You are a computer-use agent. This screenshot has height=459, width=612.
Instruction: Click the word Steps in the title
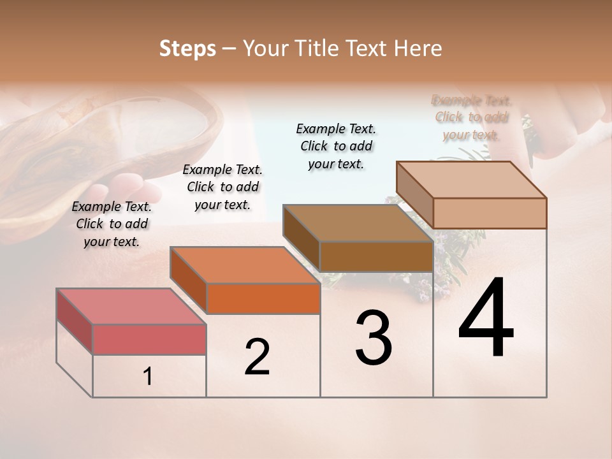pyautogui.click(x=187, y=48)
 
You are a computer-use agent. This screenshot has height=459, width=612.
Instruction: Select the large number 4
pyautogui.click(x=486, y=319)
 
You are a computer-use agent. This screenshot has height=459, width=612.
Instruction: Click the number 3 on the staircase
pyautogui.click(x=374, y=338)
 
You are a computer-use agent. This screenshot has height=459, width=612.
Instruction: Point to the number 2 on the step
pyautogui.click(x=258, y=357)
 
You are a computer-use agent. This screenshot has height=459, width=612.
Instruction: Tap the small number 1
pyautogui.click(x=148, y=377)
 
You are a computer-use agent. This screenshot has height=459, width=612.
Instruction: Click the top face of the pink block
pyautogui.click(x=131, y=306)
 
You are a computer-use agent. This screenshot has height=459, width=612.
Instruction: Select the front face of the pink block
pyautogui.click(x=149, y=339)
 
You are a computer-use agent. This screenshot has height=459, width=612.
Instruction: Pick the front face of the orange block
pyautogui.click(x=263, y=298)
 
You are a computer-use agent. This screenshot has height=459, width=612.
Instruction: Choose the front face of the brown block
pyautogui.click(x=376, y=256)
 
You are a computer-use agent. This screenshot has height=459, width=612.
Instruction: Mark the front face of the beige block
pyautogui.click(x=490, y=213)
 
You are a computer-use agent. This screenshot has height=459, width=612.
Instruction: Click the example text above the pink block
pyautogui.click(x=112, y=224)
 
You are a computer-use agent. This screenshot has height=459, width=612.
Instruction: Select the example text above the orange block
pyautogui.click(x=222, y=187)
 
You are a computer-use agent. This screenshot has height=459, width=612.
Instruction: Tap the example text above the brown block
pyautogui.click(x=336, y=146)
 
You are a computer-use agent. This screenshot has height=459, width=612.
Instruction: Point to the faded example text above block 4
pyautogui.click(x=471, y=117)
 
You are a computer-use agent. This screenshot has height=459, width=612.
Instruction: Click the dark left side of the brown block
pyautogui.click(x=301, y=238)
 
